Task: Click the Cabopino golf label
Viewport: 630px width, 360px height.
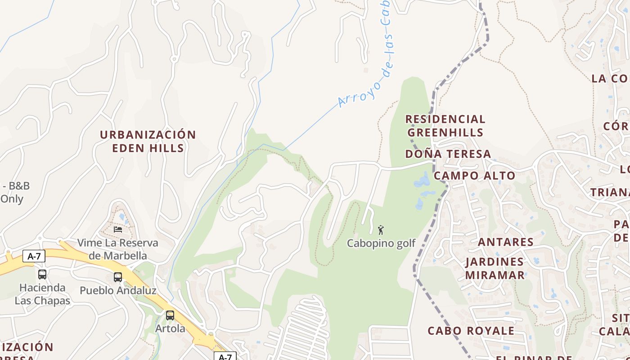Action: click(x=381, y=243)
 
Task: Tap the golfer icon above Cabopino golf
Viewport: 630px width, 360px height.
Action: click(x=381, y=230)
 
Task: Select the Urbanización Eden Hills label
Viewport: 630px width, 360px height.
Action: click(x=148, y=141)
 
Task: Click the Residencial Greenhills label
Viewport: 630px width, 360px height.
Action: click(x=445, y=126)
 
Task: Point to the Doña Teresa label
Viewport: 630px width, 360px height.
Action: click(x=448, y=154)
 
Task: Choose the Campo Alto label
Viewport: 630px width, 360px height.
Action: click(x=474, y=175)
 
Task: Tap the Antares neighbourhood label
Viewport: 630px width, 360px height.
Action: click(x=505, y=242)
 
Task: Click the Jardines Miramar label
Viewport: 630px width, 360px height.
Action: click(x=495, y=268)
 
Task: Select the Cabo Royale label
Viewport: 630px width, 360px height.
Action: click(x=471, y=331)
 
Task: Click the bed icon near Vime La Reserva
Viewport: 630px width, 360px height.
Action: click(x=118, y=229)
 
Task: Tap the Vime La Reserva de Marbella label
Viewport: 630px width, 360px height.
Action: click(x=118, y=249)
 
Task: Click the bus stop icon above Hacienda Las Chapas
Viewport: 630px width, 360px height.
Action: click(x=42, y=274)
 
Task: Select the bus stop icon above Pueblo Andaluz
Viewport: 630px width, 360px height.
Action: click(x=118, y=277)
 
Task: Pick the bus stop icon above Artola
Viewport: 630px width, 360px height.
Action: click(x=170, y=315)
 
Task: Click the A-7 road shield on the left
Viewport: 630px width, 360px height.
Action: click(x=34, y=256)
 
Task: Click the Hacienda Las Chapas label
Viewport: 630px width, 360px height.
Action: click(x=42, y=294)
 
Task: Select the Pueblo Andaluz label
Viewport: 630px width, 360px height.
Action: click(x=118, y=290)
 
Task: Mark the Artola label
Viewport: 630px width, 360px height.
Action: click(x=170, y=328)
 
